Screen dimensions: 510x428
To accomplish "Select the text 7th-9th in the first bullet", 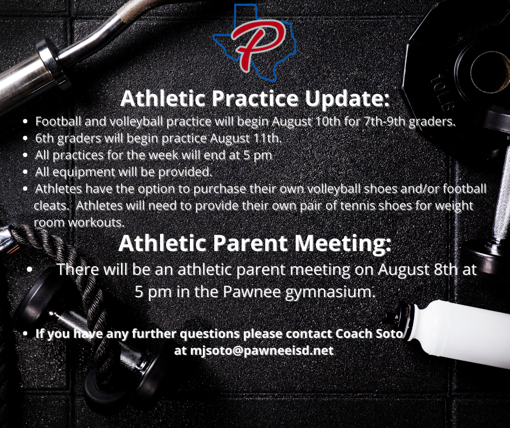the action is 385,121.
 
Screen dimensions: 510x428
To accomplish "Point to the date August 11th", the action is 246,138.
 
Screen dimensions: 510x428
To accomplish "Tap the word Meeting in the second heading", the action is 342,243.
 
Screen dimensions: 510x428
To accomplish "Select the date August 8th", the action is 417,269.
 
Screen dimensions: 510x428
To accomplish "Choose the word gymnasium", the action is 330,292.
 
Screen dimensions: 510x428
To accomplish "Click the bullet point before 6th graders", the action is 25,139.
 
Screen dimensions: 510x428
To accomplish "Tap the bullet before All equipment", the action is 25,172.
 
